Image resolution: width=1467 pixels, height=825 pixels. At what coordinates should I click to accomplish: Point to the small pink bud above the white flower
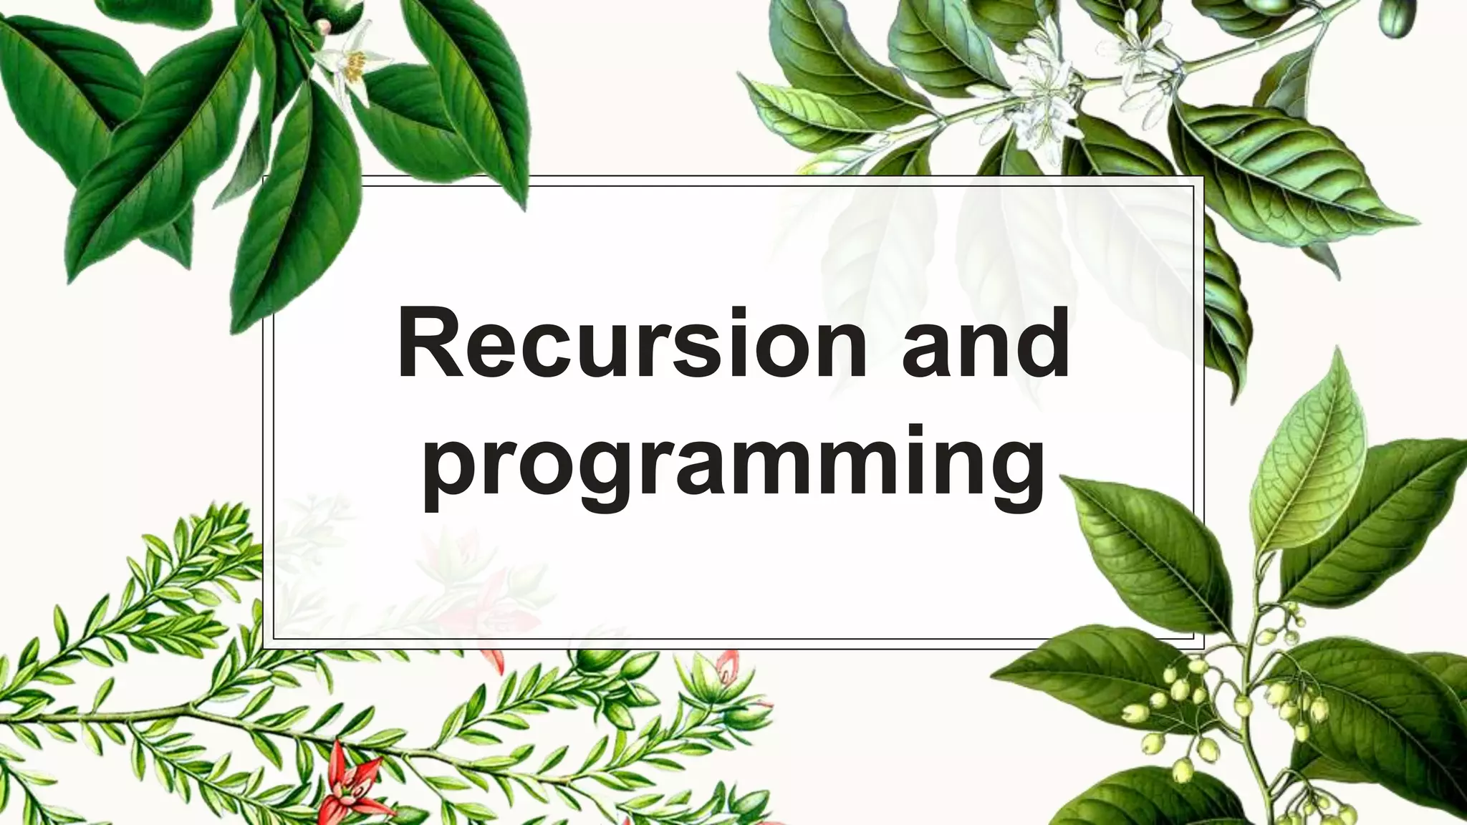pyautogui.click(x=324, y=26)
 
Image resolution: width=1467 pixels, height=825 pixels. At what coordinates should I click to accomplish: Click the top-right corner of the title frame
pyautogui.click(x=1203, y=176)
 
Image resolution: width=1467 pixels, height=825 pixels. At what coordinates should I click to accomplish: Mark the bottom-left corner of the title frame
pyautogui.click(x=264, y=648)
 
